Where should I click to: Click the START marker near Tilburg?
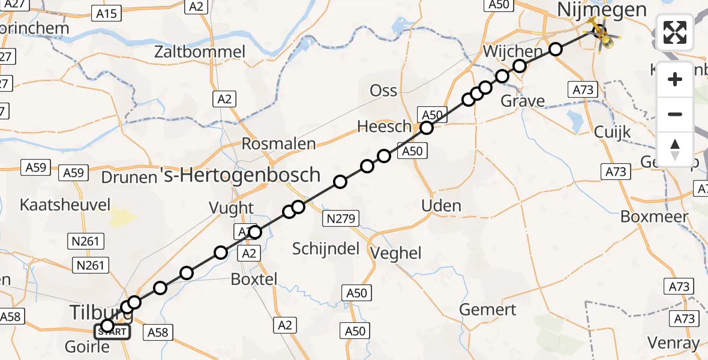tap(112, 331)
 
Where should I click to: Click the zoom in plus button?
tap(675, 79)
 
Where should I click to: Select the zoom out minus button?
tap(675, 114)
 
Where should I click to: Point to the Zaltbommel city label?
tap(200, 52)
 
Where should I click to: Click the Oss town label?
tap(383, 90)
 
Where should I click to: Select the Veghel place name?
tap(396, 253)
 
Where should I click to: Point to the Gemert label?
tap(488, 310)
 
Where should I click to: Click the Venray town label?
tap(673, 343)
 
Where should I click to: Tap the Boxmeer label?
tap(653, 217)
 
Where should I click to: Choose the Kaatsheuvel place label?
tap(65, 205)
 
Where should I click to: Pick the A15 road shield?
tap(107, 12)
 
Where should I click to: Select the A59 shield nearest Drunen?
tap(74, 172)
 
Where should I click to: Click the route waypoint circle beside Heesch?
tap(426, 128)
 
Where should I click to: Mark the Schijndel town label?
tap(325, 248)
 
